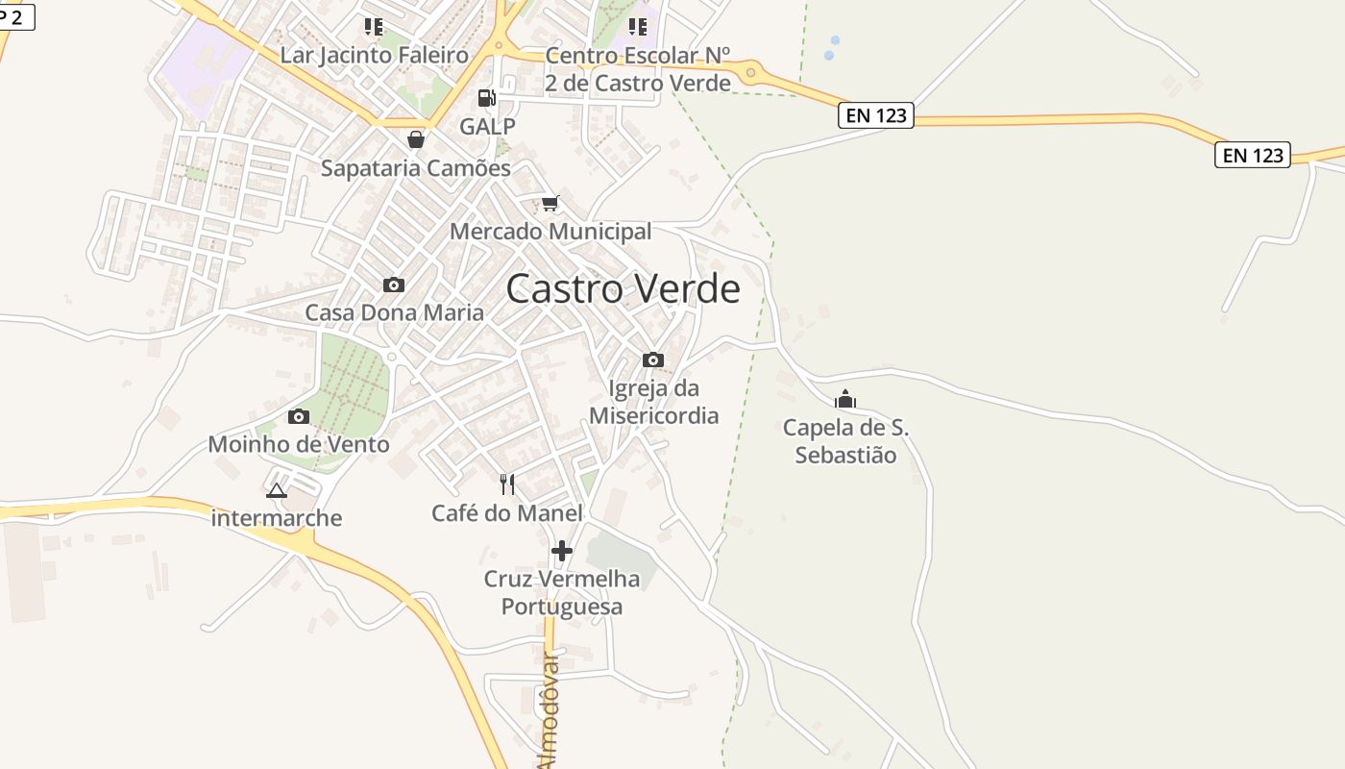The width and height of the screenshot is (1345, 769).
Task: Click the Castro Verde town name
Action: point(623,288)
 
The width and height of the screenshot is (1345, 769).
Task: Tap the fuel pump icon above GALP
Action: point(487,97)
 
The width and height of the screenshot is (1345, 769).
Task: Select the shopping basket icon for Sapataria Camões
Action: point(416,139)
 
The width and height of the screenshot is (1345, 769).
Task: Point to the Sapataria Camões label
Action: point(416,168)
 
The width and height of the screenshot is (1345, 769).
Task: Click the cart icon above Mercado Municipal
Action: point(550,203)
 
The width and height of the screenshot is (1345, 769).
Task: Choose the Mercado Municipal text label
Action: point(550,232)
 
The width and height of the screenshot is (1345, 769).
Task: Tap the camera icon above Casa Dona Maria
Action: point(394,285)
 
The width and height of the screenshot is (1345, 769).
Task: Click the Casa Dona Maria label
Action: point(394,312)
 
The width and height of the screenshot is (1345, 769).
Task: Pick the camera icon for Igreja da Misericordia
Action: point(653,360)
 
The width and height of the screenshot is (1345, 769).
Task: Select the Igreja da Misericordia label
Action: point(653,402)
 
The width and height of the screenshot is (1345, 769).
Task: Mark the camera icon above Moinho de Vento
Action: point(299,416)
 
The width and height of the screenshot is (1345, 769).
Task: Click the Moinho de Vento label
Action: point(299,444)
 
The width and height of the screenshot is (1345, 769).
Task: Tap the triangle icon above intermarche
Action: point(277,491)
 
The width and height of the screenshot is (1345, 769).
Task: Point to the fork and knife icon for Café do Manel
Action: point(507,484)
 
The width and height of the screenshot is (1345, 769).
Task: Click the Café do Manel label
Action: point(507,513)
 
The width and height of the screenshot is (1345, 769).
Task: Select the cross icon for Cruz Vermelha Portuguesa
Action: point(562,551)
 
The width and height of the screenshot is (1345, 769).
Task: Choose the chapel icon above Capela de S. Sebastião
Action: point(845,399)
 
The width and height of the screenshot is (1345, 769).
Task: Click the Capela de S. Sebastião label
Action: point(845,441)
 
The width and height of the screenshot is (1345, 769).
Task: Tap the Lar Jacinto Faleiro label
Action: point(374,55)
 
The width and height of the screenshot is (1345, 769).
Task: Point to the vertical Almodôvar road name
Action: point(549,711)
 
